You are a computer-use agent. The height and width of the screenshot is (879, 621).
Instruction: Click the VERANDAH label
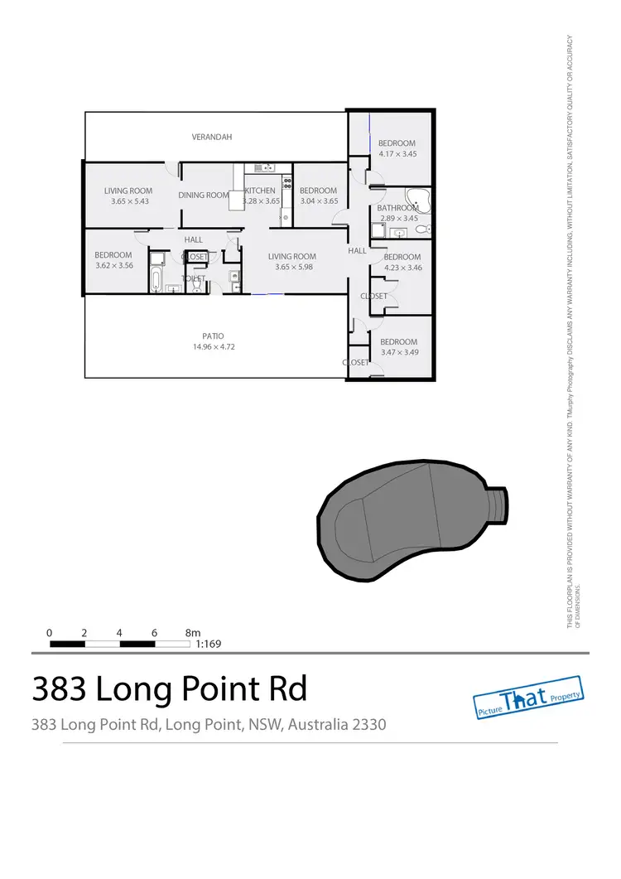pos(212,137)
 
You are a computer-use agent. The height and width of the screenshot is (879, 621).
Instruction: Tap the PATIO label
pos(214,336)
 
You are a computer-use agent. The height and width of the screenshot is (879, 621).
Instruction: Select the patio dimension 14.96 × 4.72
pos(214,347)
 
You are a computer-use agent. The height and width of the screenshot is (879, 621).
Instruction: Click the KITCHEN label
pos(259,191)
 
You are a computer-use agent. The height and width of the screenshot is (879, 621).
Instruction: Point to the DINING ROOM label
pos(203,196)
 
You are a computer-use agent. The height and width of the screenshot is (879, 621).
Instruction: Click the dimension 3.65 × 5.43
pos(128,201)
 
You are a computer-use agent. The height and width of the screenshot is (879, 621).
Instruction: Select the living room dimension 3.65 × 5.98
pos(292,268)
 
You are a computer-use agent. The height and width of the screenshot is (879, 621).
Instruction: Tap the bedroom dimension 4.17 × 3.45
pos(397,154)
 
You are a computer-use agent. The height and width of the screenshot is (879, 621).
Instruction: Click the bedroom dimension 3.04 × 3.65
pos(319,201)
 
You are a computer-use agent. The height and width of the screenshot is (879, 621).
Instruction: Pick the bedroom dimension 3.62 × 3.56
pos(113,265)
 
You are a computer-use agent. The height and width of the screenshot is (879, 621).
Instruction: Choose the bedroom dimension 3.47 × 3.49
pos(398,353)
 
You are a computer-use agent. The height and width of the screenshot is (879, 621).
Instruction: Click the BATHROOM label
pos(397,208)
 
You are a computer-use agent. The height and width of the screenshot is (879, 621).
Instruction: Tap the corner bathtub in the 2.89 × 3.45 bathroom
pos(421,199)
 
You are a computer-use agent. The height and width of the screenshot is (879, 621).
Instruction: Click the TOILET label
pos(193,279)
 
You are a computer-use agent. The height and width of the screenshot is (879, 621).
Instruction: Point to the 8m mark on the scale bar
pos(192,632)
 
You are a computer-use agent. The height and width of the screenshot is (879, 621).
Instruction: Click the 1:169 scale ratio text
pos(208,643)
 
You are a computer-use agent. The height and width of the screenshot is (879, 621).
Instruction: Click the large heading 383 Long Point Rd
pos(169,688)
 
